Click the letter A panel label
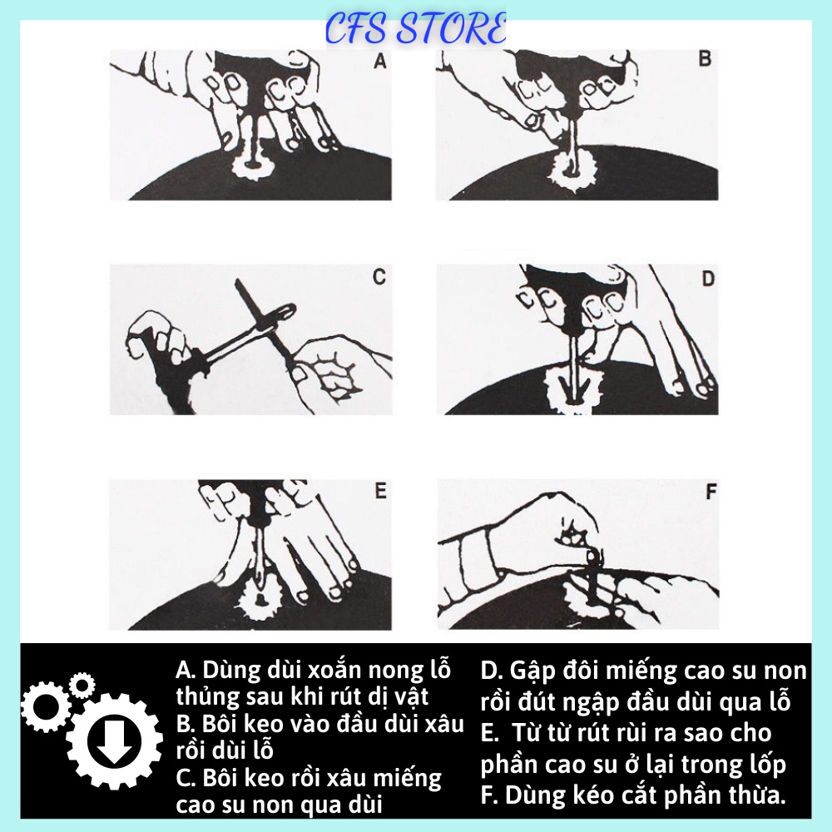tap(380, 61)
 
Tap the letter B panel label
tap(704, 60)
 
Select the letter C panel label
tap(379, 278)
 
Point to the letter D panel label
tap(707, 279)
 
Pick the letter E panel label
tap(380, 492)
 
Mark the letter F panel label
tap(711, 492)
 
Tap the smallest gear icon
tap(81, 686)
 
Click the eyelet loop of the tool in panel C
tap(283, 312)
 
